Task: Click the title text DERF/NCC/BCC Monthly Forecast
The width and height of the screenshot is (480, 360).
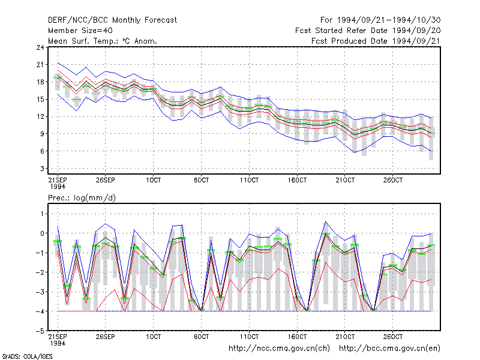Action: (112, 20)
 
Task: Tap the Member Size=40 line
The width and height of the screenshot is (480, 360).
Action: (80, 31)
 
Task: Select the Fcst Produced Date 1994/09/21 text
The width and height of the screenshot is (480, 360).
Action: (376, 41)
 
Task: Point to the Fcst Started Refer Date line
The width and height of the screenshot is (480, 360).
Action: (368, 31)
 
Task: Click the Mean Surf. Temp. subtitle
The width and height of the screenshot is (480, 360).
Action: (103, 41)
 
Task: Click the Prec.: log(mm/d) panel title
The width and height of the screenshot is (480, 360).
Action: (82, 198)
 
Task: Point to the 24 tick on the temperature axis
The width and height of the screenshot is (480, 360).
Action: (40, 47)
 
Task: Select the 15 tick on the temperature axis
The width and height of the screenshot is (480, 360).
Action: (40, 99)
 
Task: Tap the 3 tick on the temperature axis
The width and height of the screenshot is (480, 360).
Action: (42, 169)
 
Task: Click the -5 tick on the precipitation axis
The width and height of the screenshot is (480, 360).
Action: (40, 331)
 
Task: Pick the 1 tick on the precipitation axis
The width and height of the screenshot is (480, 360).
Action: (42, 214)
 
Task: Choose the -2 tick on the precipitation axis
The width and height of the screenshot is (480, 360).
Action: (40, 272)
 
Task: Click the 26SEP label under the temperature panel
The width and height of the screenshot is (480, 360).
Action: (106, 180)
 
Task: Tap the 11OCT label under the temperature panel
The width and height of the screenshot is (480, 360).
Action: (249, 180)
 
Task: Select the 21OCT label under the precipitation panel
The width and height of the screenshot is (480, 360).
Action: (345, 337)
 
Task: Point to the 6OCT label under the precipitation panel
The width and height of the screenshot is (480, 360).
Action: (201, 337)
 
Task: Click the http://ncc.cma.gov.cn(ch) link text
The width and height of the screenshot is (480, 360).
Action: (280, 349)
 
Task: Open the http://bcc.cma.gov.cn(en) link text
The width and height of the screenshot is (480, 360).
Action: (389, 349)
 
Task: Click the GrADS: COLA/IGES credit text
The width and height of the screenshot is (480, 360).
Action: (27, 356)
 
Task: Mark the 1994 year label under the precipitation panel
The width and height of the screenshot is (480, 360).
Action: (58, 343)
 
